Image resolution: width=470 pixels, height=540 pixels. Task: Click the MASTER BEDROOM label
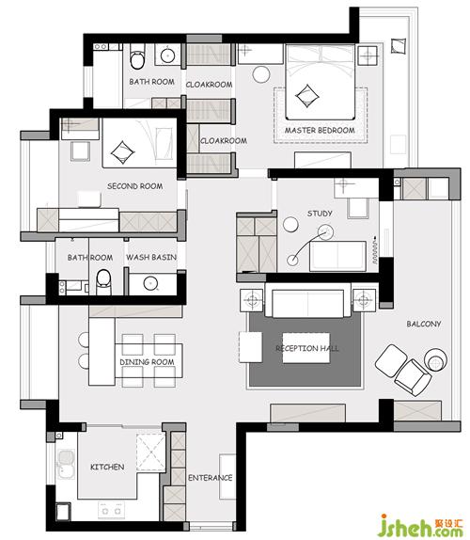(x=320, y=131)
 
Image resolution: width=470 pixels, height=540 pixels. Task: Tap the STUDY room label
(x=320, y=214)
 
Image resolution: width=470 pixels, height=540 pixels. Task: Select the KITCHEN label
(x=107, y=467)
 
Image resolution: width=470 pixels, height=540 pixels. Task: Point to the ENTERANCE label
(x=210, y=478)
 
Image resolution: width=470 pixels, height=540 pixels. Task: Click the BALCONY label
(x=424, y=324)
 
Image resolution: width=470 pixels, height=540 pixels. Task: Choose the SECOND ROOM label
(x=134, y=186)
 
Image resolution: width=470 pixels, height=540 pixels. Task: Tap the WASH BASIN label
(x=151, y=257)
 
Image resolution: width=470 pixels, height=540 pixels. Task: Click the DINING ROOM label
(x=147, y=362)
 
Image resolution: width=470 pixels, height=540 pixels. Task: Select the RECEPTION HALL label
(x=307, y=348)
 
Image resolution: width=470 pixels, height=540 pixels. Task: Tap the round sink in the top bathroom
(x=167, y=56)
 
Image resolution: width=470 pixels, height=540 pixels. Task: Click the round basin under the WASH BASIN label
(x=150, y=283)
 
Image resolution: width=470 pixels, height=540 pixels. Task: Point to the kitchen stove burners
(x=111, y=511)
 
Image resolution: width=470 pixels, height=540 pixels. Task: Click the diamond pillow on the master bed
(x=307, y=96)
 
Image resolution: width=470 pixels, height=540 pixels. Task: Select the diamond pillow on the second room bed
(x=122, y=152)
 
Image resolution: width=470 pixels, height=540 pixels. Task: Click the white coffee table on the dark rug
(x=306, y=348)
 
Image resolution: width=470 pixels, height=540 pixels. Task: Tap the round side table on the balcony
(x=435, y=360)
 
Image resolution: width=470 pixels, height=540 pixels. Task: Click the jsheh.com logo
(x=420, y=525)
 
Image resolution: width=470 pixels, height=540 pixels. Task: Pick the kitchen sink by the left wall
(x=66, y=464)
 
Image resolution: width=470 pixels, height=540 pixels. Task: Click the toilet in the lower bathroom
(x=103, y=282)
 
